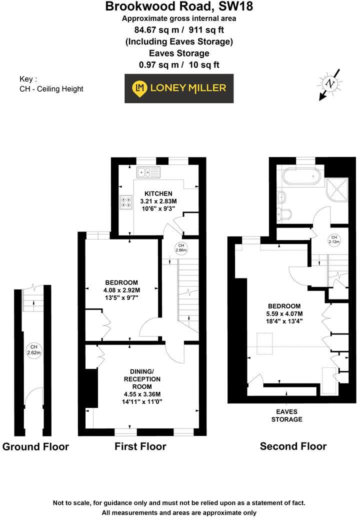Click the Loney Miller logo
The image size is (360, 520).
(x=179, y=88)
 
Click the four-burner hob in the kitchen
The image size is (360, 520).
(x=124, y=202)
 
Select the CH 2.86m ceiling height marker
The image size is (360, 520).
(x=181, y=247)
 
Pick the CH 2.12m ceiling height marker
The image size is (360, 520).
(x=333, y=239)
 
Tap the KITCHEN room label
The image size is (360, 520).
(x=158, y=193)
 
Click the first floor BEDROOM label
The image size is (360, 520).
(x=121, y=282)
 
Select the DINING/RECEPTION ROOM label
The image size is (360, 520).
(x=146, y=379)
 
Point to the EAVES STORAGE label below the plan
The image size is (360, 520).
(x=286, y=415)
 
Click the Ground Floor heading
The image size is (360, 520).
(x=36, y=446)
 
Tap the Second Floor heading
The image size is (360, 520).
(x=293, y=446)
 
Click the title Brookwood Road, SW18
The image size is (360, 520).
(x=179, y=7)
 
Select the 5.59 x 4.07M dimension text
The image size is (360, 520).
(x=284, y=315)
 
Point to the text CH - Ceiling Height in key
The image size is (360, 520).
(x=51, y=89)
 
